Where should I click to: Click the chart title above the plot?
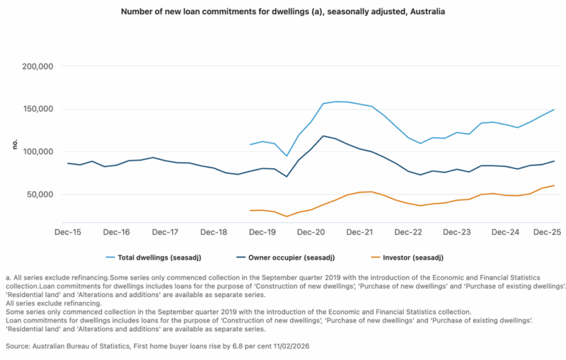(x=283, y=12)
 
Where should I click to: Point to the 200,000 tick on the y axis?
(x=39, y=66)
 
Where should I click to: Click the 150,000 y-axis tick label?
(x=39, y=109)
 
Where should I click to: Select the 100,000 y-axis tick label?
(x=39, y=151)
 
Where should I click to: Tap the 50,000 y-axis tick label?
(x=41, y=194)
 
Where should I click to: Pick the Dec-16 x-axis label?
(x=116, y=232)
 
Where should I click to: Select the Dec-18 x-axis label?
(x=214, y=232)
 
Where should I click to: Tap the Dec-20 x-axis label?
(x=311, y=232)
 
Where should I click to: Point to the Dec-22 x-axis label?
(x=408, y=232)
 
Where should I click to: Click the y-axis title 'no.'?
(x=14, y=144)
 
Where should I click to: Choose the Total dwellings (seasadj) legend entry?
(x=147, y=257)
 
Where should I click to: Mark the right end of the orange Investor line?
(x=554, y=185)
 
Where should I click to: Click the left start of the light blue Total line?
(x=250, y=144)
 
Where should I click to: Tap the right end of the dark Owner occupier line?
(x=554, y=161)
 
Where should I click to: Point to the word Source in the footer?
(x=18, y=347)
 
